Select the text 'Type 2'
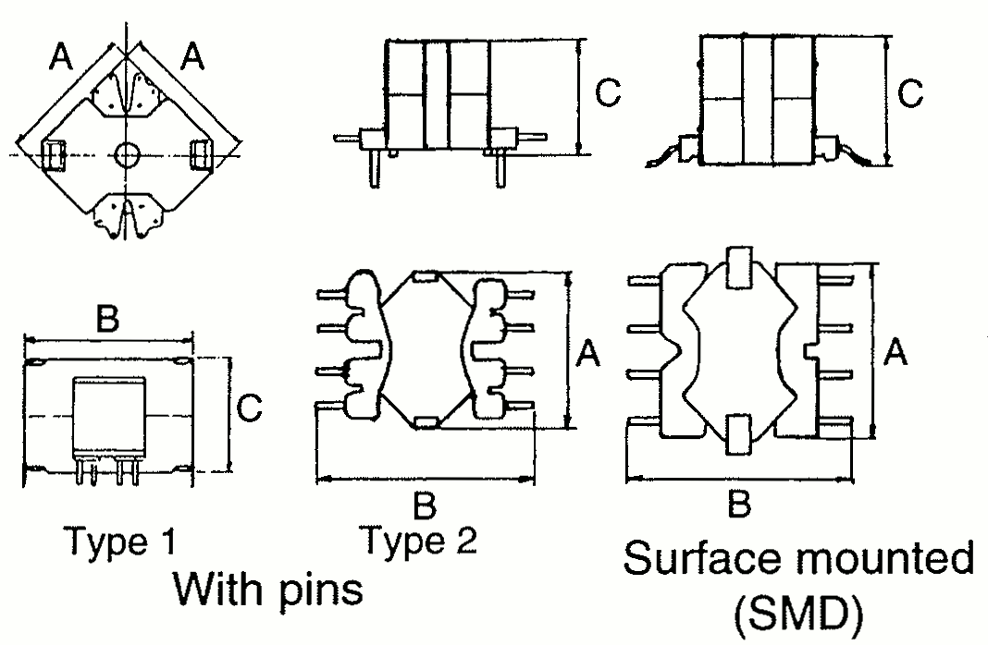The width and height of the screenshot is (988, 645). click(420, 540)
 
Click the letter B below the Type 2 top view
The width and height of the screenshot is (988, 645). click(425, 505)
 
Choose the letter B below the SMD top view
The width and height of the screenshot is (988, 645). click(739, 505)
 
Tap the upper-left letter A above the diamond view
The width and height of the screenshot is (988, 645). click(62, 58)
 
